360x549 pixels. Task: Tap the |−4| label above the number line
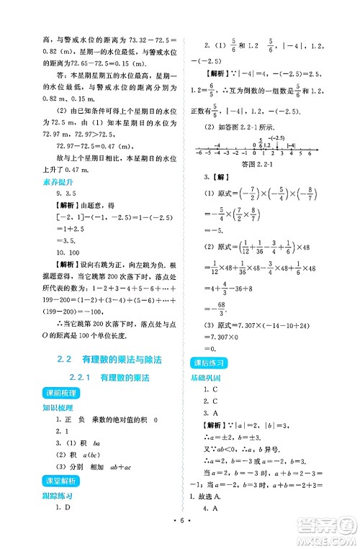(291, 144)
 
